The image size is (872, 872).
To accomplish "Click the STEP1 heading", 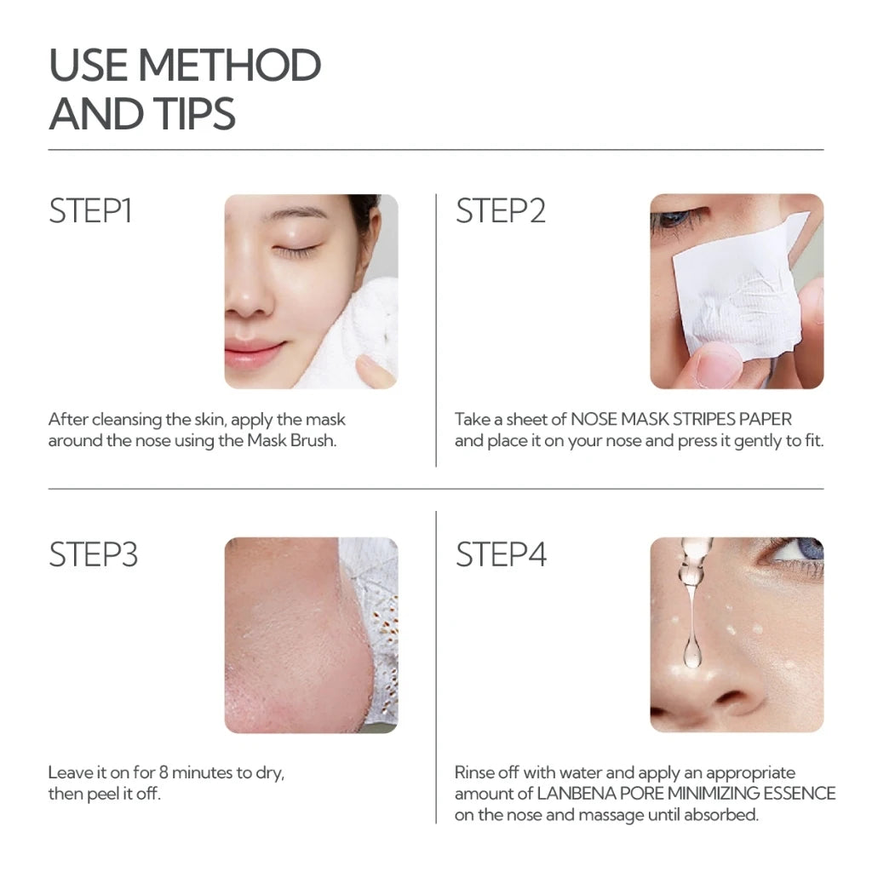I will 90,211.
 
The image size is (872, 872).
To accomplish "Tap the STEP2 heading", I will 500,211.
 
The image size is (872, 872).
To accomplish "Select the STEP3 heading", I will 93,554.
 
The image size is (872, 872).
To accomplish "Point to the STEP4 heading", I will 501,554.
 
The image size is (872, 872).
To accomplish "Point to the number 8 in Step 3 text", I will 164,773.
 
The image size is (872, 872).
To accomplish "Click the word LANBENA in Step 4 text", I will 571,794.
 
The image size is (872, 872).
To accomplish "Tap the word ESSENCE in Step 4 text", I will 797,794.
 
